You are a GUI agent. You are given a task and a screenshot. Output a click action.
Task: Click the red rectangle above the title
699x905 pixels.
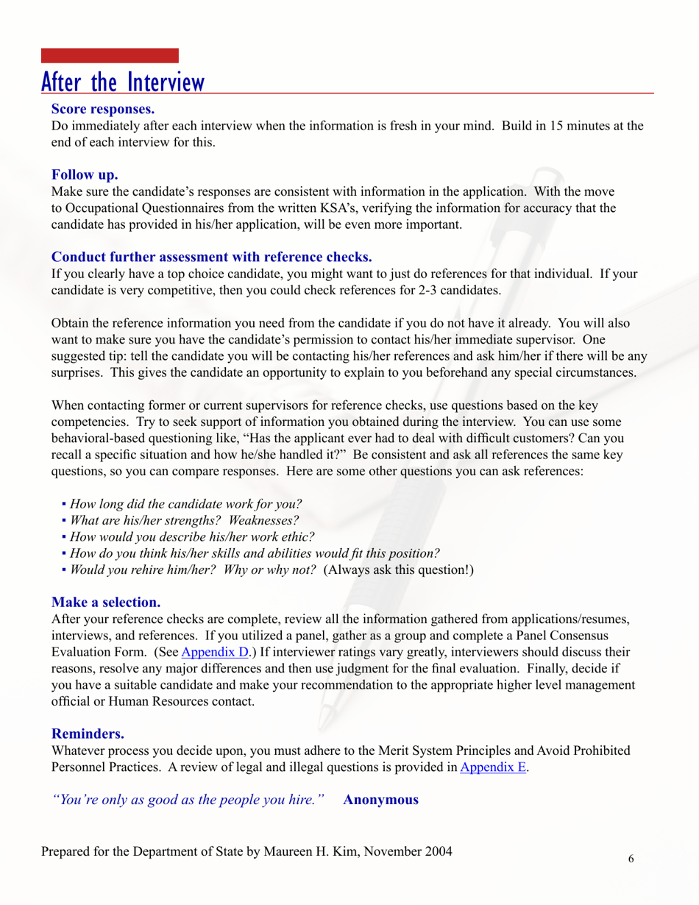point(110,56)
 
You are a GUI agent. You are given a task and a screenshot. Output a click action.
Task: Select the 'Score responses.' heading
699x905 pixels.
point(102,110)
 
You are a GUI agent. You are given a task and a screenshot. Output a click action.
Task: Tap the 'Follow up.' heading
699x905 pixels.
point(85,175)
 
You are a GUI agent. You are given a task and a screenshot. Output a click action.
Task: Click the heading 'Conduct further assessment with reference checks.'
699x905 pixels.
point(212,257)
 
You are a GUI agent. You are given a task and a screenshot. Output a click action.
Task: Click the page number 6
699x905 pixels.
point(631,858)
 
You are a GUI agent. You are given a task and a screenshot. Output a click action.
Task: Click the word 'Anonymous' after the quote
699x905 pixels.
point(381,800)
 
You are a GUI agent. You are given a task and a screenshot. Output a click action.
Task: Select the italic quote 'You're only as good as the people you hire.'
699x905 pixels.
point(189,800)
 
